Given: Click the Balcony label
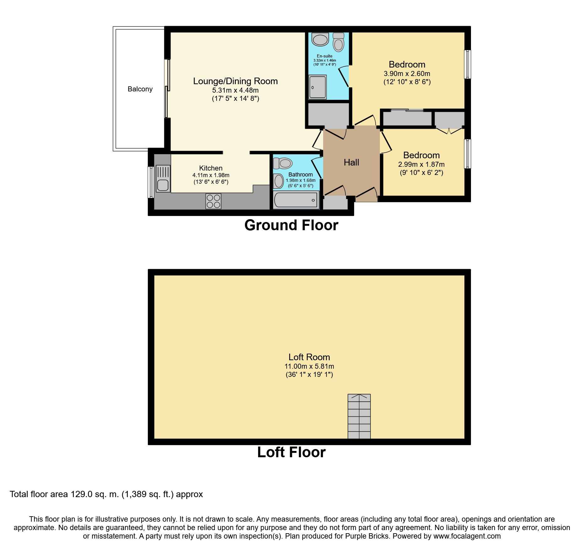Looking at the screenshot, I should [x=140, y=89].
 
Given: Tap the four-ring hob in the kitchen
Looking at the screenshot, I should [x=213, y=201].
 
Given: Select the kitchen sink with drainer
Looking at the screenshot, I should [x=163, y=179].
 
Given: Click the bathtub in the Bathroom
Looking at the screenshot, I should [x=296, y=200].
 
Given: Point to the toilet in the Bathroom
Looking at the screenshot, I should [x=283, y=163].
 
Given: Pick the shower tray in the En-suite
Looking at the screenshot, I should [x=317, y=87].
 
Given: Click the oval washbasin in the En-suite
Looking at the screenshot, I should [x=320, y=40].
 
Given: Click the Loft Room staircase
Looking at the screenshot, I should [x=359, y=416].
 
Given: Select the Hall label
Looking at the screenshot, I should [x=351, y=162].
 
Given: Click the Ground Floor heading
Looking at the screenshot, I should [x=291, y=225].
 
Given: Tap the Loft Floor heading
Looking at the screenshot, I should [x=291, y=452].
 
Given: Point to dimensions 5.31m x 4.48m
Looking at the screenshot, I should [x=235, y=90].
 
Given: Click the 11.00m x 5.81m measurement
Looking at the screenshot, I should [x=309, y=366].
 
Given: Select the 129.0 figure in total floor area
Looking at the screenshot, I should [x=81, y=494].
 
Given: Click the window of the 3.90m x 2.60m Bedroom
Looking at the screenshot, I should [x=467, y=64].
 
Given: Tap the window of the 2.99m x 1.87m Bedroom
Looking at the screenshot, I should [x=467, y=154].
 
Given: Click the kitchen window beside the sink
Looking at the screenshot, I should [x=151, y=182].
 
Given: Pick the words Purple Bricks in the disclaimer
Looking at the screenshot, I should [x=367, y=536].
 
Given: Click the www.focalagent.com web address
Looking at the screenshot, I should [x=467, y=536].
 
